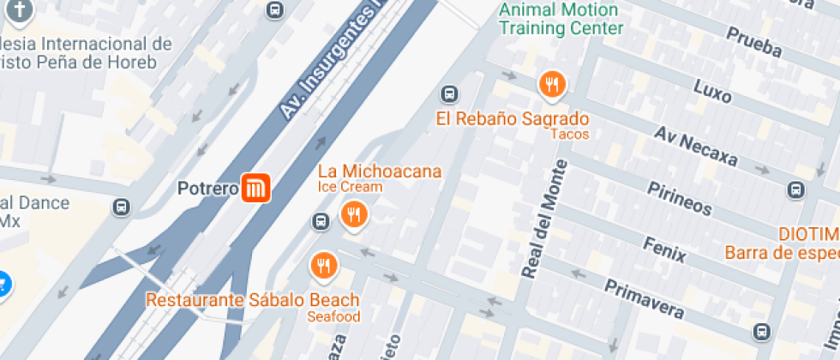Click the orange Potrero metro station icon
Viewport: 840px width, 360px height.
click(x=256, y=188)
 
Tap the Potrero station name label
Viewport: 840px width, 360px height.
click(x=207, y=188)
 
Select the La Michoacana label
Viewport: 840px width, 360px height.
click(x=380, y=171)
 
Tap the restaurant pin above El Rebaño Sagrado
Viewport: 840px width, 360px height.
click(x=551, y=84)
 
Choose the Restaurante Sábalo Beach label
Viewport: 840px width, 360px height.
click(x=252, y=300)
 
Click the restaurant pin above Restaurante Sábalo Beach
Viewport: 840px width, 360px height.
click(x=323, y=266)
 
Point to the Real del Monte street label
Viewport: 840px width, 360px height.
click(x=545, y=219)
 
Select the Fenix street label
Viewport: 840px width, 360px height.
click(x=664, y=245)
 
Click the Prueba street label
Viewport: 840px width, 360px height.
click(x=753, y=43)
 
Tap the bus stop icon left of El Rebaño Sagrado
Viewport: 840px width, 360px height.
click(x=448, y=93)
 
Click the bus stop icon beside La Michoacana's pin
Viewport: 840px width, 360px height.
click(x=321, y=221)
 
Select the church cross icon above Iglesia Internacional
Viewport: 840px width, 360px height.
click(x=21, y=11)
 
